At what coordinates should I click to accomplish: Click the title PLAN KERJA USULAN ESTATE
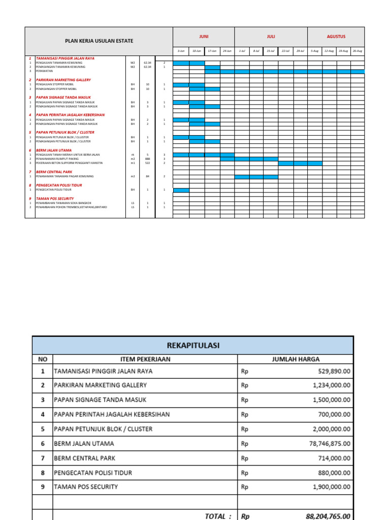tap(99, 41)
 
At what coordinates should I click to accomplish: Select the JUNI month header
tap(204, 37)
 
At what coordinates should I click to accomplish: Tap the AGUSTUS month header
tap(336, 37)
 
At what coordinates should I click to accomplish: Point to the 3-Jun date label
tap(181, 51)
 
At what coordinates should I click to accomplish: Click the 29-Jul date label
tap(300, 51)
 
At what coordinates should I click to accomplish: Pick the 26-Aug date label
tap(357, 51)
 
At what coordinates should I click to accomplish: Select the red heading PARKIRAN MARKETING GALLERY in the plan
tap(63, 80)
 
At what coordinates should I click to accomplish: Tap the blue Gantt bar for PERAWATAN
tap(284, 72)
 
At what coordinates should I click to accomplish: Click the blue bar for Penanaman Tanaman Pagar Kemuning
tap(256, 177)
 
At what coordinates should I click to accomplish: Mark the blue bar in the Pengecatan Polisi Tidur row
tap(181, 190)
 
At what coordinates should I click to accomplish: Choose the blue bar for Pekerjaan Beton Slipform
tap(300, 163)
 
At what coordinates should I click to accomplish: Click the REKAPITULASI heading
tap(192, 345)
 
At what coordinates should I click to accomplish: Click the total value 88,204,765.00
tap(328, 516)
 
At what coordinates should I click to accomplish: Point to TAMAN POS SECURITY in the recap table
tap(86, 486)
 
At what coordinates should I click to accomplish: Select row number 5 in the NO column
tap(43, 429)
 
